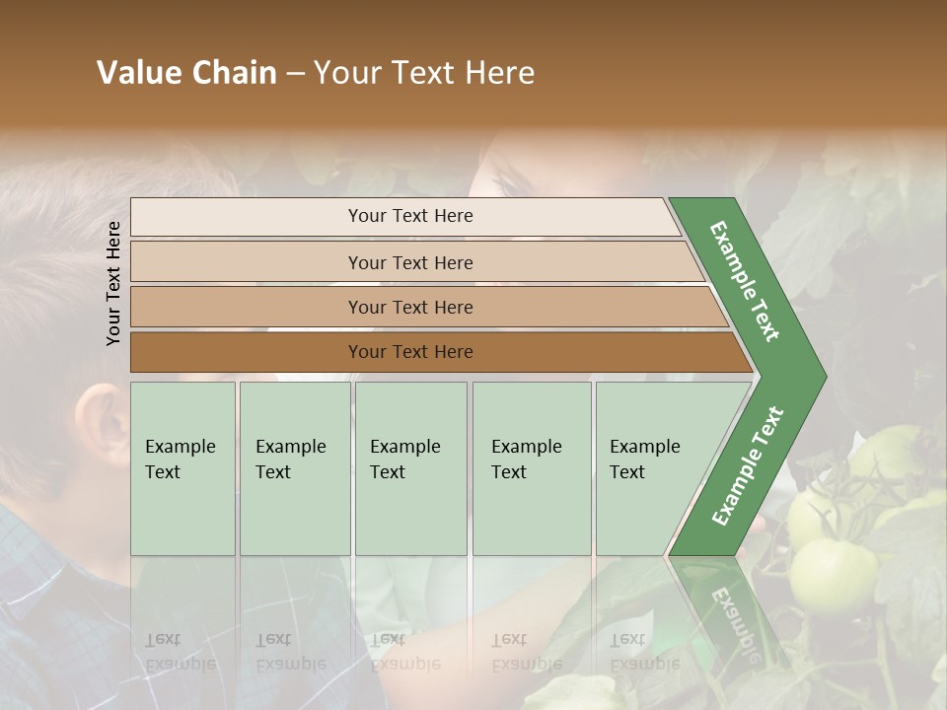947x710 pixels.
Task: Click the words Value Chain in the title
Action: point(186,73)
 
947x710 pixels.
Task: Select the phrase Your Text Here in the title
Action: point(424,73)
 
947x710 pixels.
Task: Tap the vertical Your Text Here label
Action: point(113,283)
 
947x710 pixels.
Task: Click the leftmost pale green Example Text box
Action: point(182,468)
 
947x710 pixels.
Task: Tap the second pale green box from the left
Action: point(294,468)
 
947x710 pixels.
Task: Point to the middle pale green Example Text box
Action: point(410,468)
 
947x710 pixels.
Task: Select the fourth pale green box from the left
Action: point(532,468)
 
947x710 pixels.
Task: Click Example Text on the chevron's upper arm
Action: point(745,281)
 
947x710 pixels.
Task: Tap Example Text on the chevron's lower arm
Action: point(748,465)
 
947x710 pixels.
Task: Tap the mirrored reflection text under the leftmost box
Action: point(181,651)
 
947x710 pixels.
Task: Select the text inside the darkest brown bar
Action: point(410,352)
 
